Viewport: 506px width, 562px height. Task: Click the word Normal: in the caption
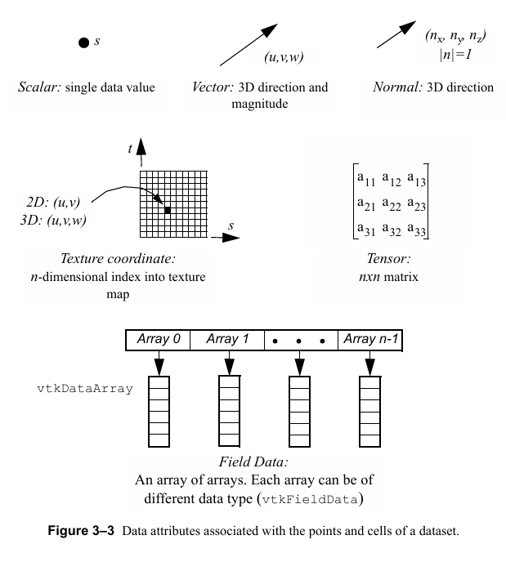[x=393, y=87]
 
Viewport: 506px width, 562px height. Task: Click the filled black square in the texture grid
[x=168, y=211]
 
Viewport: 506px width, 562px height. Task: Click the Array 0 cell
[x=159, y=339]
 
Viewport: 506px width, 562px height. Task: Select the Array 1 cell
[x=228, y=339]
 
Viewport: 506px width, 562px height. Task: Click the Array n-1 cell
[x=371, y=339]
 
